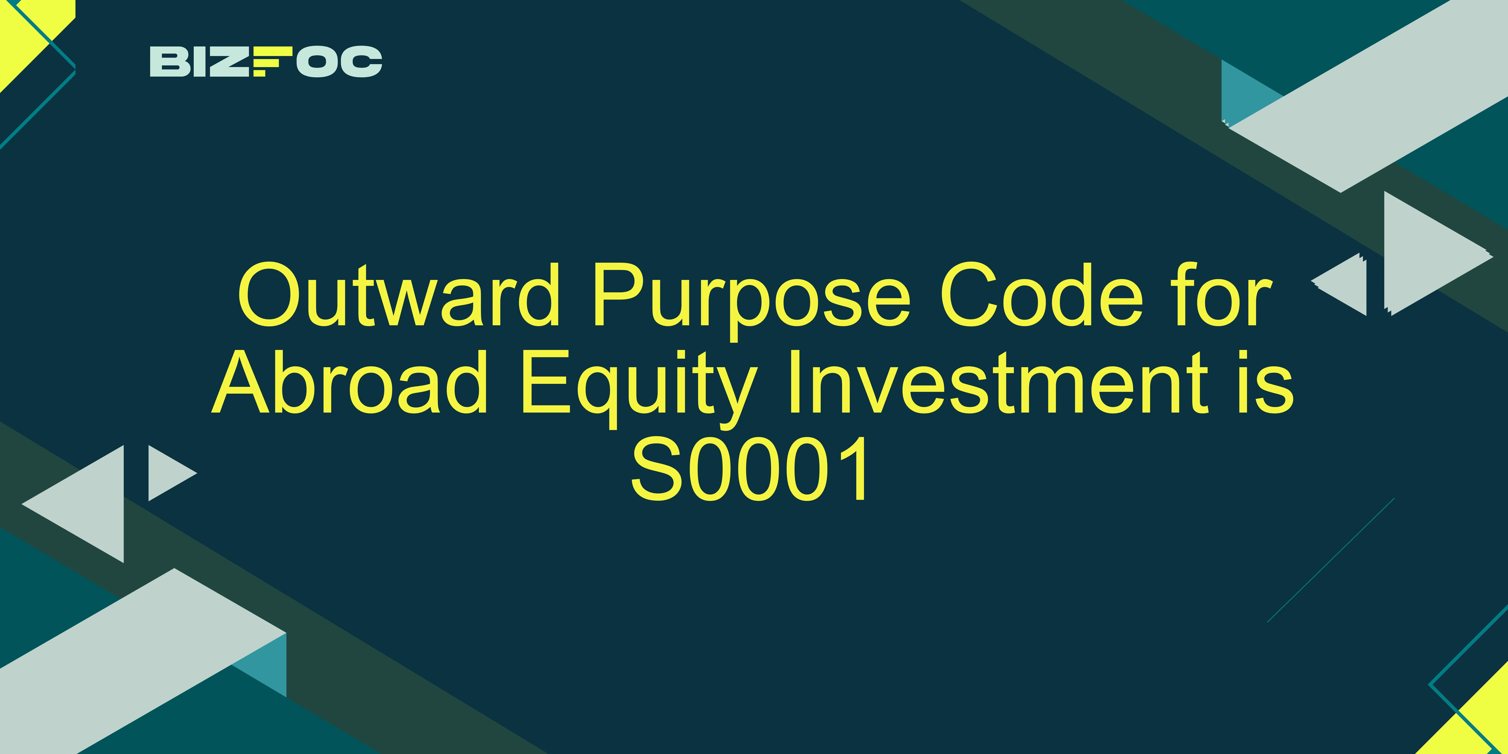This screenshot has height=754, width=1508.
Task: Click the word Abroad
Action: coord(350,382)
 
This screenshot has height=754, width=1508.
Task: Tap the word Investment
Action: coord(998,382)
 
